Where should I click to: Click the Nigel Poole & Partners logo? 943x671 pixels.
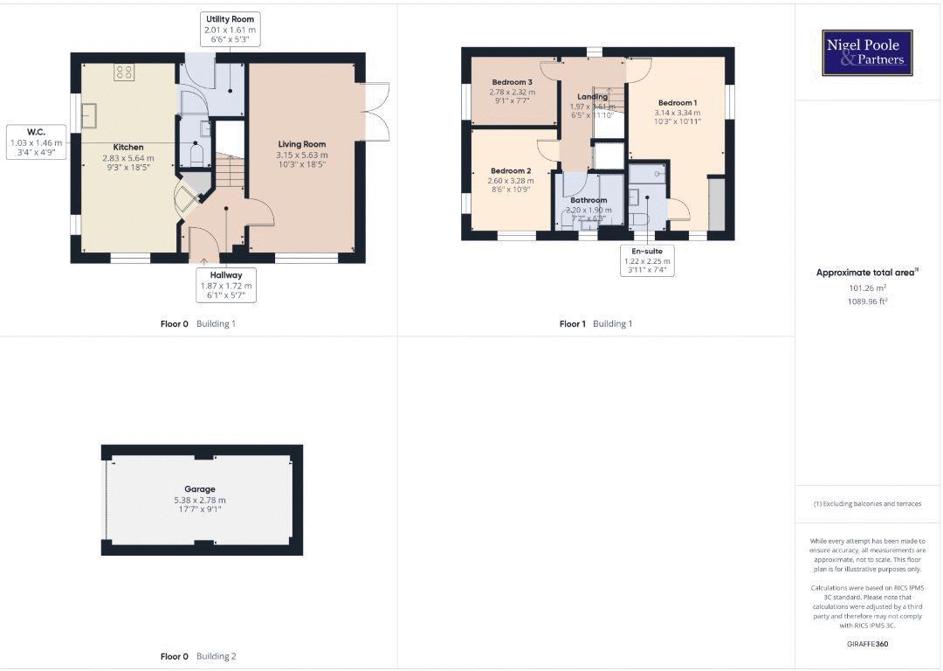[x=868, y=52]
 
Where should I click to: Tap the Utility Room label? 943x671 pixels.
[x=231, y=18]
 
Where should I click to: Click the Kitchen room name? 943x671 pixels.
[x=128, y=148]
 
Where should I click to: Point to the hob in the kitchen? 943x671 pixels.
[x=123, y=73]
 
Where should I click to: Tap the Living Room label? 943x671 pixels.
[x=302, y=144]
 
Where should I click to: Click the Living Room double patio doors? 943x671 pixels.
[x=375, y=111]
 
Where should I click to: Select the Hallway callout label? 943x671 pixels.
[x=225, y=275]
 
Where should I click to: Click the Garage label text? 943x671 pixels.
[x=199, y=489]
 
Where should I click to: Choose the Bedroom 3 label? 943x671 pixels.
[x=512, y=82]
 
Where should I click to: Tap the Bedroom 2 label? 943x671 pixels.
[x=511, y=171]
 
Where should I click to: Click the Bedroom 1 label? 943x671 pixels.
[x=677, y=103]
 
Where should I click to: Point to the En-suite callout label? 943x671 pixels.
[x=647, y=252]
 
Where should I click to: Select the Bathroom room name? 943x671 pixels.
[x=589, y=200]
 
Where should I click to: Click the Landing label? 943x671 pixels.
[x=592, y=97]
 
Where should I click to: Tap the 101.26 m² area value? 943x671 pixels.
[x=867, y=287]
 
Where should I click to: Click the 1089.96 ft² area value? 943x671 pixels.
[x=867, y=301]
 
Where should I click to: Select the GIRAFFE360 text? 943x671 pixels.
[x=867, y=644]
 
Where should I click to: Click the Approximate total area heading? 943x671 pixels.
[x=866, y=273]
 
